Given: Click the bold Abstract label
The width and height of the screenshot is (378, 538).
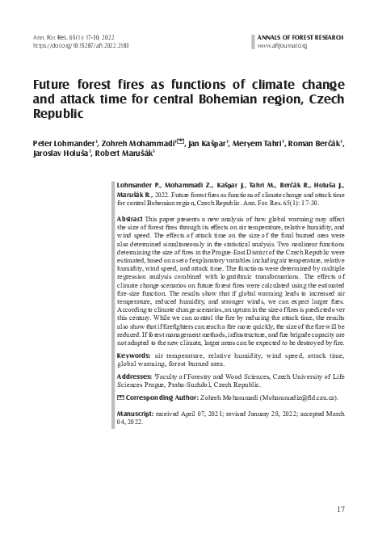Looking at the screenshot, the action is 130,219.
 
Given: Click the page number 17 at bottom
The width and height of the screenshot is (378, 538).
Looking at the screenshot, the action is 341,509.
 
